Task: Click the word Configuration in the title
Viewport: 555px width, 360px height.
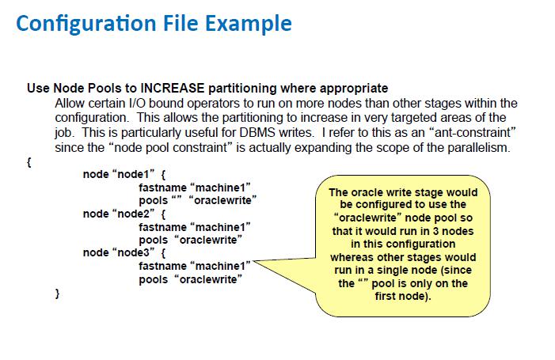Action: click(86, 24)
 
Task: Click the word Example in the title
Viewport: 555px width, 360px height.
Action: click(249, 24)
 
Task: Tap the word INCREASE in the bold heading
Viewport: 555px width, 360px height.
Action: click(173, 88)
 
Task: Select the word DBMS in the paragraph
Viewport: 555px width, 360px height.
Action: click(257, 133)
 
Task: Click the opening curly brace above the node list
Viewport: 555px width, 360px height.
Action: click(29, 162)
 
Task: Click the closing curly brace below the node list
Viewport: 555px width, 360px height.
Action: click(57, 294)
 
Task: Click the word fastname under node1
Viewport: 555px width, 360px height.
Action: click(162, 188)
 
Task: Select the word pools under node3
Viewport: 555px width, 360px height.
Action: click(153, 279)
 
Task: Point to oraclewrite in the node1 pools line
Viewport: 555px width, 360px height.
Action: click(223, 200)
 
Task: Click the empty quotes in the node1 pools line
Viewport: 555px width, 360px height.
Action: click(177, 198)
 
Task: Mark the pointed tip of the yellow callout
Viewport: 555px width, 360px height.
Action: click(253, 261)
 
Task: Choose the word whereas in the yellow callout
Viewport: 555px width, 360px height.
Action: click(352, 257)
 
